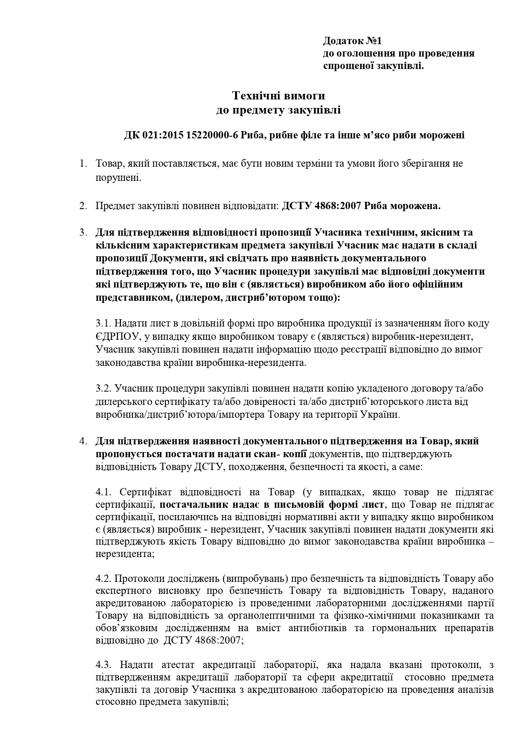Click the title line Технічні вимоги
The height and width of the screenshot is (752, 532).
point(279,95)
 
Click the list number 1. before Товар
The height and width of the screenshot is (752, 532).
point(82,164)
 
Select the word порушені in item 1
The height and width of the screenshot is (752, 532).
point(118,177)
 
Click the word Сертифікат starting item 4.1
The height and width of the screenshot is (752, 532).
point(144,491)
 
